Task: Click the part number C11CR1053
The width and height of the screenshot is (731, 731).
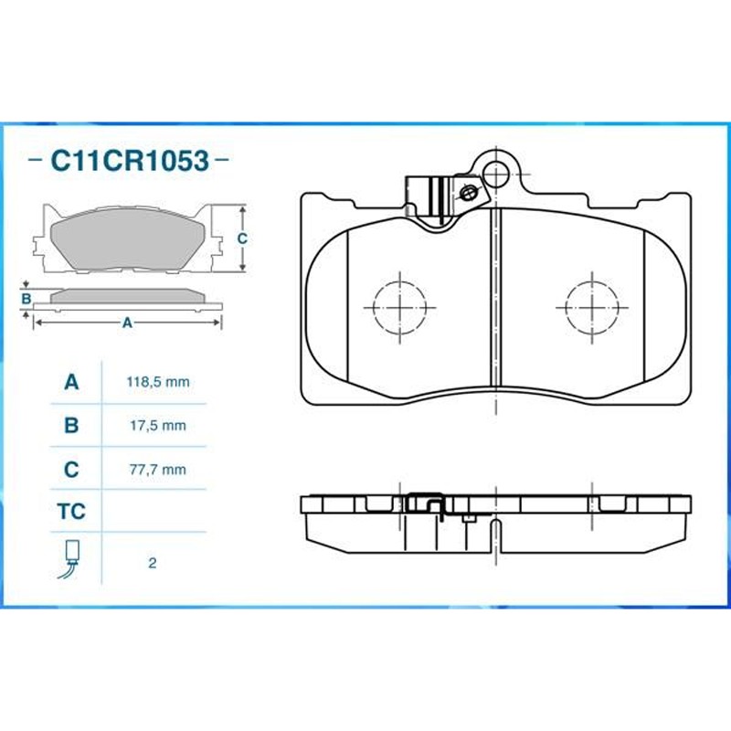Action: click(x=130, y=161)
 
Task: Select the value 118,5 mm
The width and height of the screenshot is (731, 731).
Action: click(x=158, y=382)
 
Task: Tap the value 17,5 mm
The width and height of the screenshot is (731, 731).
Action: click(x=158, y=426)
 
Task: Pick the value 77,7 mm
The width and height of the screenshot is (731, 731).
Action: click(x=158, y=469)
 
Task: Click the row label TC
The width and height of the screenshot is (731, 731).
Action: click(x=71, y=512)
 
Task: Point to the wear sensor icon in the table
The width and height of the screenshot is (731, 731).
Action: click(x=69, y=559)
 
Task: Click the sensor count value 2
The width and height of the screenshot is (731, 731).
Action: click(x=152, y=563)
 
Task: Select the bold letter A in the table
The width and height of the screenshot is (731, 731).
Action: click(x=71, y=382)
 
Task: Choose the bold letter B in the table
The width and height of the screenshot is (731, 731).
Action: click(x=71, y=425)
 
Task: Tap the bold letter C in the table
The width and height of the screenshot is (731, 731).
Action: click(x=71, y=469)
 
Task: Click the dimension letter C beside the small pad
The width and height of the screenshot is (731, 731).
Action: click(x=242, y=238)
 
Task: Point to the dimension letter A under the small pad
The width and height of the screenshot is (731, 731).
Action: click(x=127, y=323)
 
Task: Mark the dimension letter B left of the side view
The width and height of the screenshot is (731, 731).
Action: click(x=26, y=299)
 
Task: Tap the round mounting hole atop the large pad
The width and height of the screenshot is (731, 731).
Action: click(x=496, y=174)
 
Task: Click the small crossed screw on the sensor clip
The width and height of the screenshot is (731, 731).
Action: click(x=467, y=192)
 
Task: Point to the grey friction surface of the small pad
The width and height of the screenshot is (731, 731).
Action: click(x=127, y=238)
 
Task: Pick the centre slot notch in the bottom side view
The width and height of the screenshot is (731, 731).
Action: click(x=497, y=536)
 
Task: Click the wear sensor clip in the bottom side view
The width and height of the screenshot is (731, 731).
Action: click(x=425, y=504)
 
